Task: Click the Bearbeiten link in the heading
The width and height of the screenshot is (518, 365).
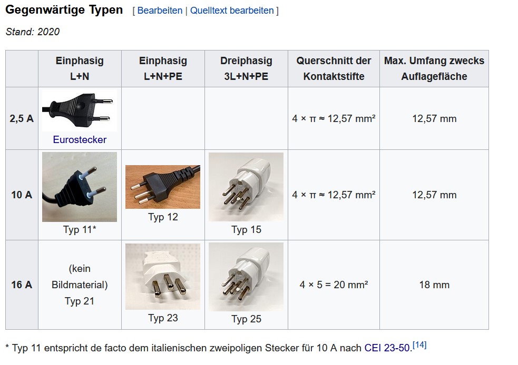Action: click(160, 11)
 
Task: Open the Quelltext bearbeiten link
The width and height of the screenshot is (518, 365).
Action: click(232, 11)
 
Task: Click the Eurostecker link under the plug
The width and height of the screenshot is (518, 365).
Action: click(80, 139)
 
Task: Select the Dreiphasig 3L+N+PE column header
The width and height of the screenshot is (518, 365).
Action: click(246, 68)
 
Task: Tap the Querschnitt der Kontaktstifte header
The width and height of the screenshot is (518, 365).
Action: click(334, 68)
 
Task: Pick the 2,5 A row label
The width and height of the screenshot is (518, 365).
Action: click(22, 118)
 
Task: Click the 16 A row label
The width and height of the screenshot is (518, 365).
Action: click(22, 285)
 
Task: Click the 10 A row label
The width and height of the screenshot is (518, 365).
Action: click(22, 195)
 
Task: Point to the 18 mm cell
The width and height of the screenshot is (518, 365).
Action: click(434, 285)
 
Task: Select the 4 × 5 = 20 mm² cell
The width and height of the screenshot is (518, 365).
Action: click(334, 285)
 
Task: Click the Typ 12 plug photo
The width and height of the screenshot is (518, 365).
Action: click(163, 187)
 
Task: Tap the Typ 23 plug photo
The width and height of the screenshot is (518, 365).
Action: click(163, 277)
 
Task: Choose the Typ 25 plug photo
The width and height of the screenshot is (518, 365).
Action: click(246, 277)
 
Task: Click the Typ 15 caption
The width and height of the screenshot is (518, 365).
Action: click(246, 229)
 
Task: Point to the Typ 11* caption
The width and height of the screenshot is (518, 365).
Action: click(80, 229)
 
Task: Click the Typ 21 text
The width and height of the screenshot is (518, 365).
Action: click(80, 301)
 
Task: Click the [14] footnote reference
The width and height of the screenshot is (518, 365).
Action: click(419, 345)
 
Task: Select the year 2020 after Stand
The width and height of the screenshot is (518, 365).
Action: click(48, 32)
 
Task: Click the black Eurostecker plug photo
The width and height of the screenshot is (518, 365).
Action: click(80, 110)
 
